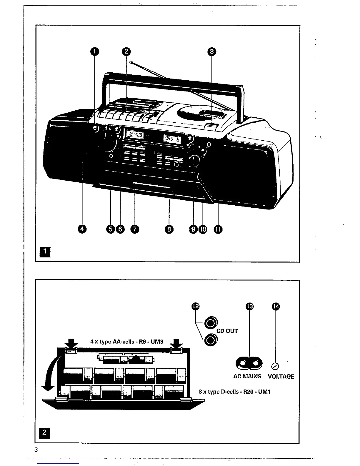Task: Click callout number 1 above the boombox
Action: coord(94,51)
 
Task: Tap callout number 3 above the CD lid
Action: coord(211,51)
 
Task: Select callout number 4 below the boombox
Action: coord(82,229)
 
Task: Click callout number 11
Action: coord(218,229)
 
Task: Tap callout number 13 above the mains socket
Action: coord(249,307)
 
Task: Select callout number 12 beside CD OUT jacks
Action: coord(196,307)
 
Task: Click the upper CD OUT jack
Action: coord(210,324)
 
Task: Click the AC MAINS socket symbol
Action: coord(249,364)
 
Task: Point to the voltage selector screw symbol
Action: coord(276,366)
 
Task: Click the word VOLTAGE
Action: coord(281,377)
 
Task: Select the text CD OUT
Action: coord(227,331)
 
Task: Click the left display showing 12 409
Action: coord(135,135)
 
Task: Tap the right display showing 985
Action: coord(172,139)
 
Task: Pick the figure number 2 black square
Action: coord(44,432)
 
